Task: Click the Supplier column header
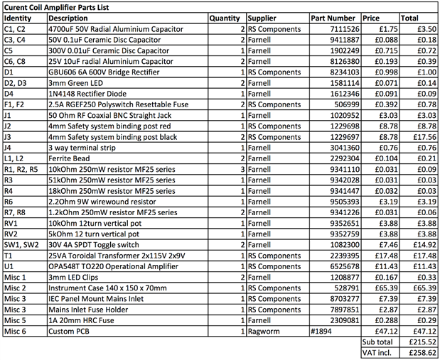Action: click(262, 17)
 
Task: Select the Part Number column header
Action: click(333, 17)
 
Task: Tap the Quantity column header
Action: click(225, 17)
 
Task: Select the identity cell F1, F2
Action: click(16, 104)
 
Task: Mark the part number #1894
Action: click(322, 330)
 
